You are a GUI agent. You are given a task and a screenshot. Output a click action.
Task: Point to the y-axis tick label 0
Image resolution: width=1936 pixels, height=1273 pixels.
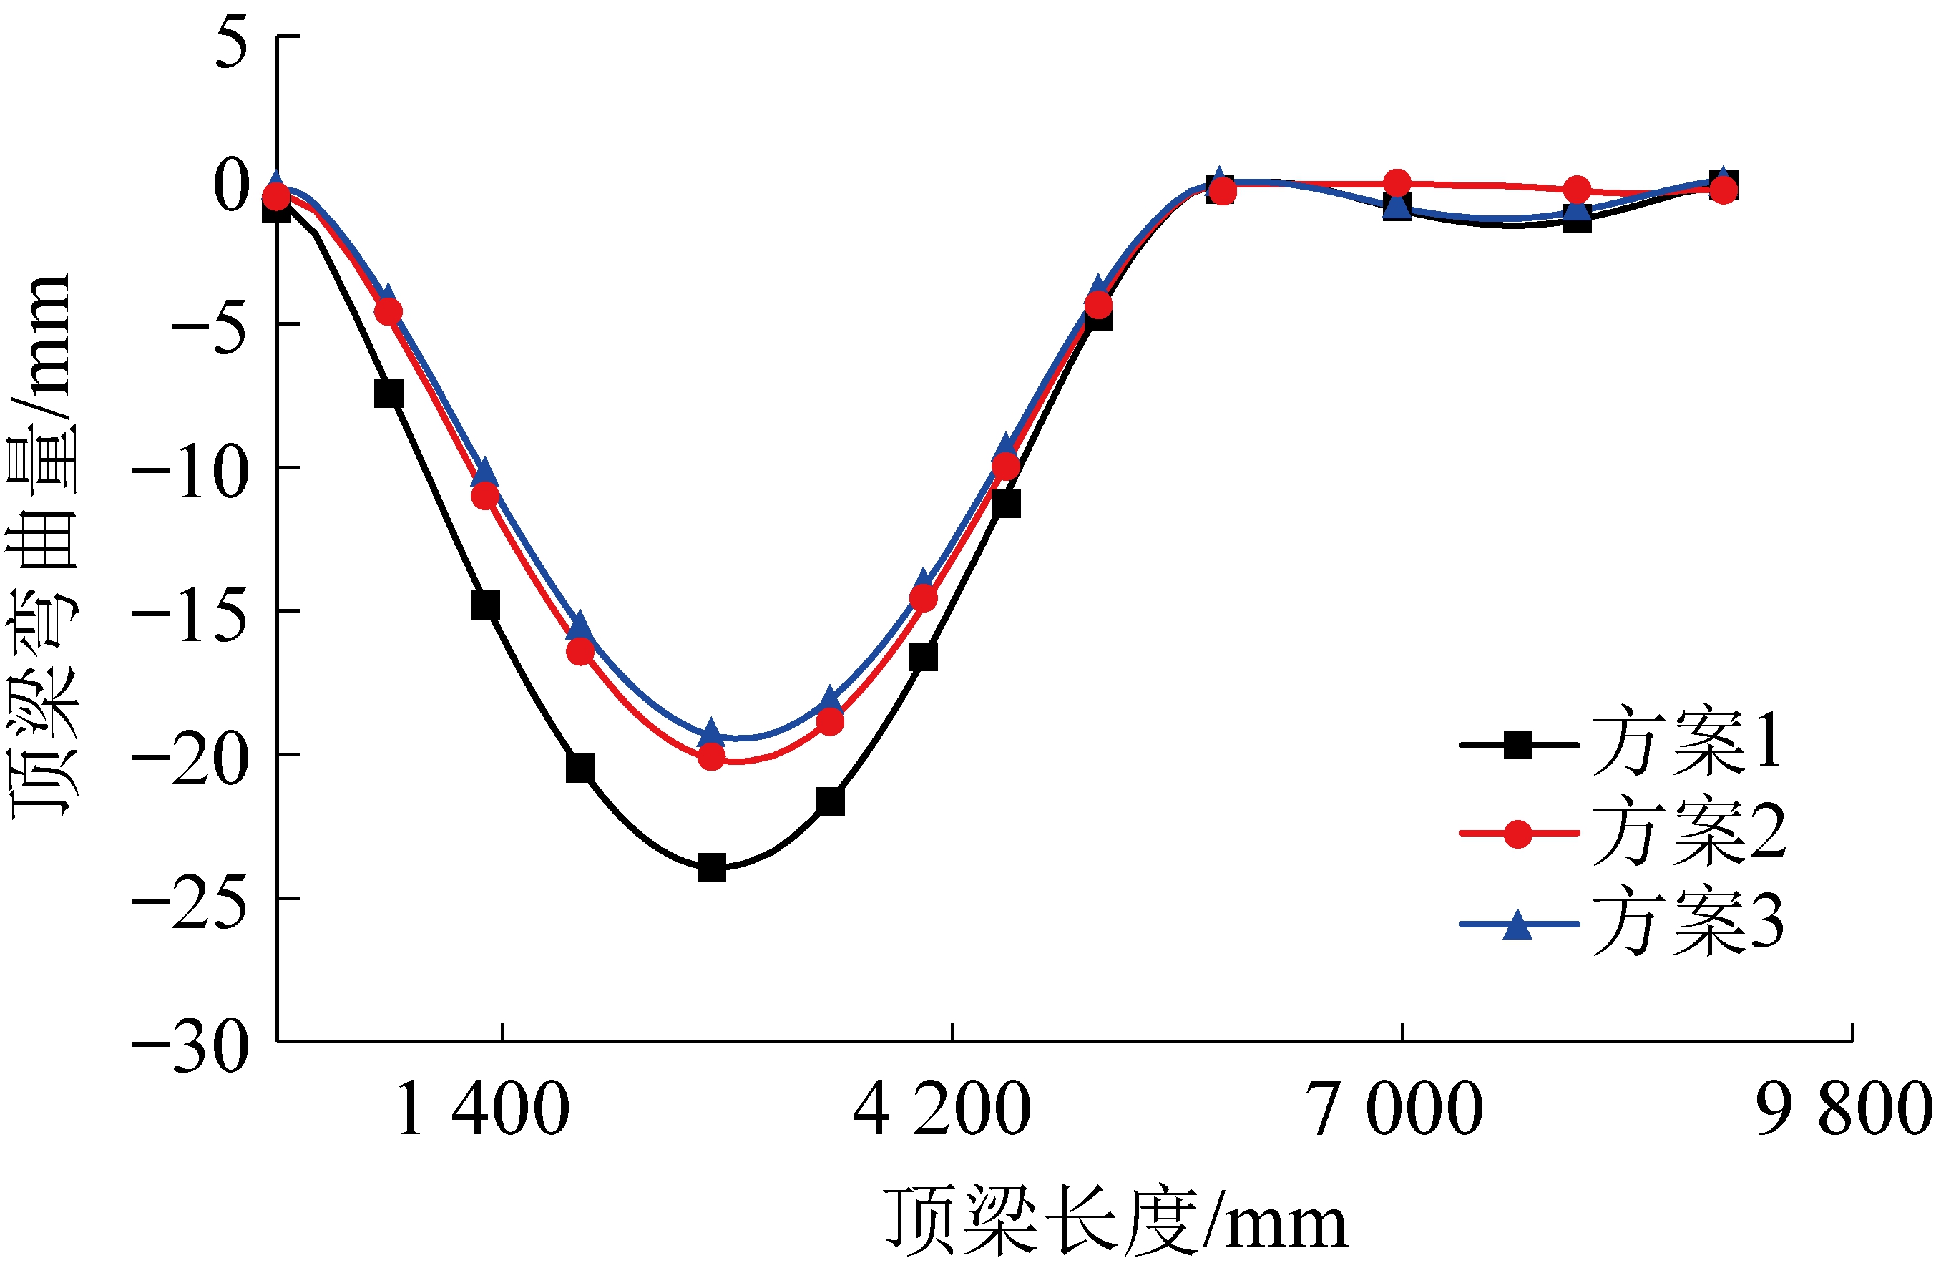coord(230,185)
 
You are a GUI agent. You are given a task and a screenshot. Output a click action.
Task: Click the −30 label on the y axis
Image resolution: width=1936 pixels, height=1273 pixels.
coord(190,1048)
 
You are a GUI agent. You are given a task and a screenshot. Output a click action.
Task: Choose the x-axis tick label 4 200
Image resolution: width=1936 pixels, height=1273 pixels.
coord(942,1111)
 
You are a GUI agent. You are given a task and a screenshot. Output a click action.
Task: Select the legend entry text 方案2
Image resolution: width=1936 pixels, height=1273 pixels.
coord(1688,831)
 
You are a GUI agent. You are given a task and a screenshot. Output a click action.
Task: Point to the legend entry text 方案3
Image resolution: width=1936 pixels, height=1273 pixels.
coord(1688,922)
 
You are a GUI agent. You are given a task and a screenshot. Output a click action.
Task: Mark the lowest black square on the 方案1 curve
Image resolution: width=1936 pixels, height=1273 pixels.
coord(712,867)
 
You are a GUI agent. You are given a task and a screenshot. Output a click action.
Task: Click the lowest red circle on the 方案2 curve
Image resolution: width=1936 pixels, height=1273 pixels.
coord(712,757)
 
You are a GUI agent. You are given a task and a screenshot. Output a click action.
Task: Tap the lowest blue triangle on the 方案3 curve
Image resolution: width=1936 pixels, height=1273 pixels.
coord(711,731)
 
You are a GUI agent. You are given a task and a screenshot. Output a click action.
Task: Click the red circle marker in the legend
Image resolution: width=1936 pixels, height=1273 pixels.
coord(1518,834)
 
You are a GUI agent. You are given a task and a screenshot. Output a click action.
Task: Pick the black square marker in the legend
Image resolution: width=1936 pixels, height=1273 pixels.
coord(1518,744)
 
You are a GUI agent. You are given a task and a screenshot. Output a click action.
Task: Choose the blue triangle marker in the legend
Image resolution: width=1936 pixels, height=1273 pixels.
coord(1518,925)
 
